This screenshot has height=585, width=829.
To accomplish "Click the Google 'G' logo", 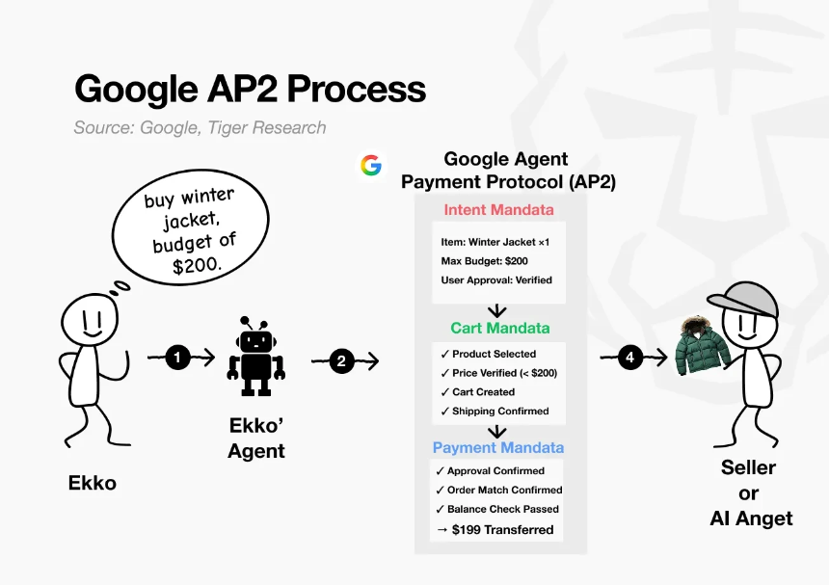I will pyautogui.click(x=371, y=165).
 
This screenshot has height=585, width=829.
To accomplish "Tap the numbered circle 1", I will pyautogui.click(x=177, y=358).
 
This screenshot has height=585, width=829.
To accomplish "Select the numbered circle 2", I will pyautogui.click(x=341, y=361).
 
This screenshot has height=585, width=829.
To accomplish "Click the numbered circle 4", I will pyautogui.click(x=630, y=358).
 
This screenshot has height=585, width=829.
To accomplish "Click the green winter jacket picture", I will pyautogui.click(x=701, y=348).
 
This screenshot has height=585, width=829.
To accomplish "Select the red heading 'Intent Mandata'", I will pyautogui.click(x=498, y=210).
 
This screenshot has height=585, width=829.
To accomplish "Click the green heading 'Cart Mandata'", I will pyautogui.click(x=499, y=328).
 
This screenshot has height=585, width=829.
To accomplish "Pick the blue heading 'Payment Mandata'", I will pyautogui.click(x=498, y=447).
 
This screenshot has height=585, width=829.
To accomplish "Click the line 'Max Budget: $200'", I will pyautogui.click(x=485, y=261).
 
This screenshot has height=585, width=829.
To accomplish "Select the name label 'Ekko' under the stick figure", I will pyautogui.click(x=93, y=483).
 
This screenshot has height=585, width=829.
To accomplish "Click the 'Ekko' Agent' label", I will pyautogui.click(x=256, y=439).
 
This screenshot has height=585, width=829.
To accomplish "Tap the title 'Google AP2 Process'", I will pyautogui.click(x=250, y=90).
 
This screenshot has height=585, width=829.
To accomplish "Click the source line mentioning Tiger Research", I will pyautogui.click(x=200, y=127).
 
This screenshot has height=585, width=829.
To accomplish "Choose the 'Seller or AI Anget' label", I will pyautogui.click(x=751, y=492).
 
